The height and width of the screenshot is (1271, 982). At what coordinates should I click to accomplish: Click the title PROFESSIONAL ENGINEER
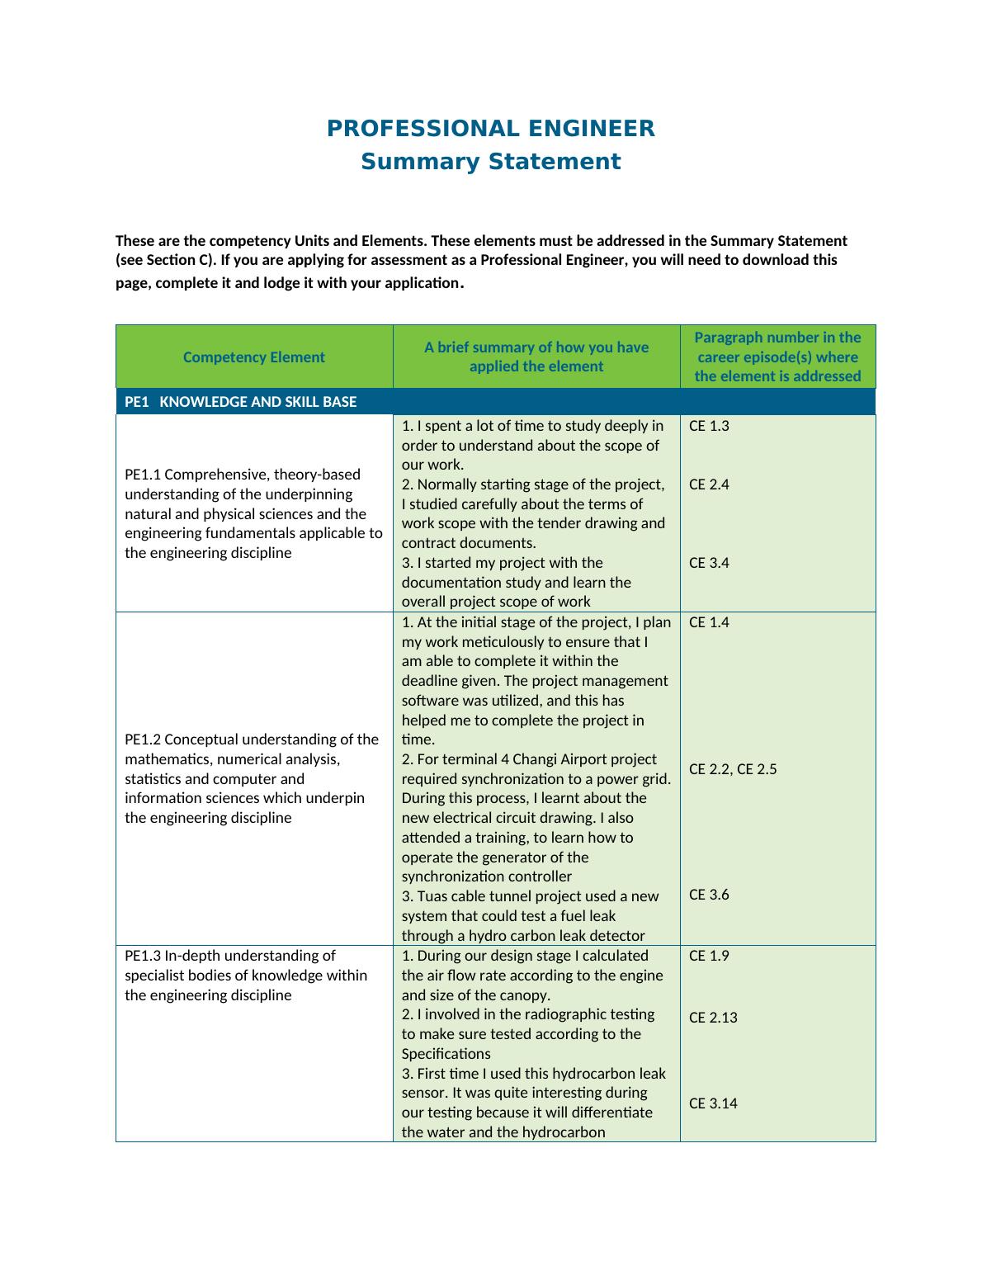[x=490, y=129]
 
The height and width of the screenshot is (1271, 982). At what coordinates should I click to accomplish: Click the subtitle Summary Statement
[x=490, y=162]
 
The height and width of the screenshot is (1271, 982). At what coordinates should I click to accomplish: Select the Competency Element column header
[x=254, y=357]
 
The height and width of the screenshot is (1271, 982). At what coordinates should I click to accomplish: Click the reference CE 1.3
[x=709, y=426]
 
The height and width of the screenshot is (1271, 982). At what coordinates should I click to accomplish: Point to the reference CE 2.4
[x=709, y=484]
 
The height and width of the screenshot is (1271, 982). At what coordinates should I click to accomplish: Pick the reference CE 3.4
[x=709, y=563]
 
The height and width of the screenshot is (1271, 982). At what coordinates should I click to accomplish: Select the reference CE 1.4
[x=709, y=622]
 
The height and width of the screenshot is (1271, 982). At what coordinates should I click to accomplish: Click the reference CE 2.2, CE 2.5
[x=733, y=769]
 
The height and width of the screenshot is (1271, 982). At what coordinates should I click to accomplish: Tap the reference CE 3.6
[x=709, y=895]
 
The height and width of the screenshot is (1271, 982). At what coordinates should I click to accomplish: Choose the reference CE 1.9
[x=709, y=956]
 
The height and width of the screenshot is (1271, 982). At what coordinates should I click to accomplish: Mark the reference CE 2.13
[x=713, y=1018]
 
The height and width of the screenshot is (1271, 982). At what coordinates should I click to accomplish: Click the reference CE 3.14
[x=713, y=1103]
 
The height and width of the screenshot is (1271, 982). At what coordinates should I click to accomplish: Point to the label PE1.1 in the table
[x=143, y=475]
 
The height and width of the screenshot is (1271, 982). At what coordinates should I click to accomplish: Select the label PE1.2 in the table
[x=143, y=739]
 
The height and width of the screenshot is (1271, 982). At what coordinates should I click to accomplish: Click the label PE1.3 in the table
[x=143, y=956]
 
